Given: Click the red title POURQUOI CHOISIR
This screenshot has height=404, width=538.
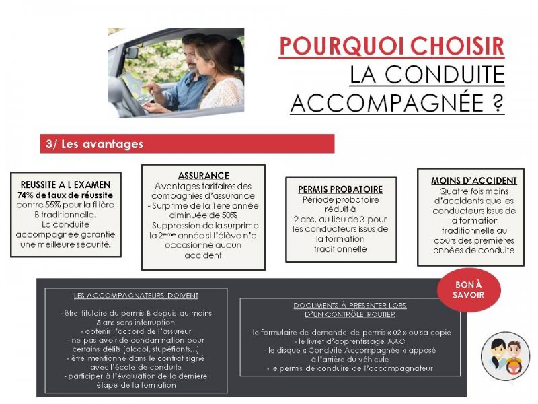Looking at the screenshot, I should [x=391, y=46].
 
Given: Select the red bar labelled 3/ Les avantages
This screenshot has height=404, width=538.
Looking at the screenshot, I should [x=187, y=144].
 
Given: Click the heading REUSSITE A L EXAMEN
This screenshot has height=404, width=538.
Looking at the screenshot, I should [x=65, y=184].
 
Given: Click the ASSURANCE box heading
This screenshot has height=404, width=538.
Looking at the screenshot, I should [x=203, y=176].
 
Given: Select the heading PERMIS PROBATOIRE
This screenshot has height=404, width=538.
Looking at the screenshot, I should [x=340, y=189].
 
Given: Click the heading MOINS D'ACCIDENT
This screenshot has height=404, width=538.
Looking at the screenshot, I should [x=474, y=180].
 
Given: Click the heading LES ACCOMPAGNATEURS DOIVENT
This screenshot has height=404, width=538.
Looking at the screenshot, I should [x=136, y=296].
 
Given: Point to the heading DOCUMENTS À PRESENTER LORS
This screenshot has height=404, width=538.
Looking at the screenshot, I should [x=350, y=306].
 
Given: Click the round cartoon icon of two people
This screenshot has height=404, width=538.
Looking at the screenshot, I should [x=506, y=356].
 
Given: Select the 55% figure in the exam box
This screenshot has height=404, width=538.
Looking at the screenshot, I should [x=52, y=205].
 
